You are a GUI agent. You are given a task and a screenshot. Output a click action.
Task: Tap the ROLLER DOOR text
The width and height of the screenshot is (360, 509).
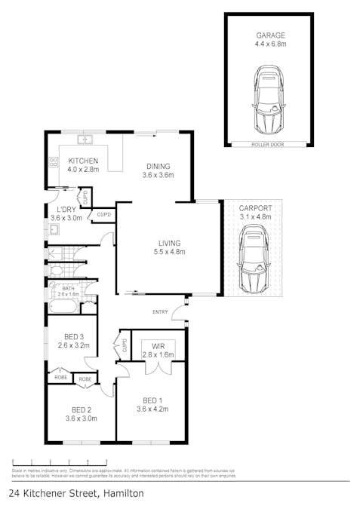pos(268,143)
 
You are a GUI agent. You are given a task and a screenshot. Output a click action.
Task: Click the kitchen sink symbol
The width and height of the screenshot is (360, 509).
pos(86,140)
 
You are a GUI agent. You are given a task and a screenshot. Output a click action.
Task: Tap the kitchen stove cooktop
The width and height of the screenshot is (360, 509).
pos(54,161)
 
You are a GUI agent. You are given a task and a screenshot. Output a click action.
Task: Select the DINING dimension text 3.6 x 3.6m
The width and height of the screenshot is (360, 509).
pos(158,175)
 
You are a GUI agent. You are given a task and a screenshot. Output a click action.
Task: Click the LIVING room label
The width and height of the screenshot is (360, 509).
pos(169,243)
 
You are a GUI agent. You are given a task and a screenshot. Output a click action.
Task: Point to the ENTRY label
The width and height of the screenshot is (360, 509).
pos(160,311)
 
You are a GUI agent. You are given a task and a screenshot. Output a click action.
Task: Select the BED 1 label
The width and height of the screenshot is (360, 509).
pos(152,400)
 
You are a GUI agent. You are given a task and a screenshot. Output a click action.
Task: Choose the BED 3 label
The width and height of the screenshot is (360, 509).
pos(72,336)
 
